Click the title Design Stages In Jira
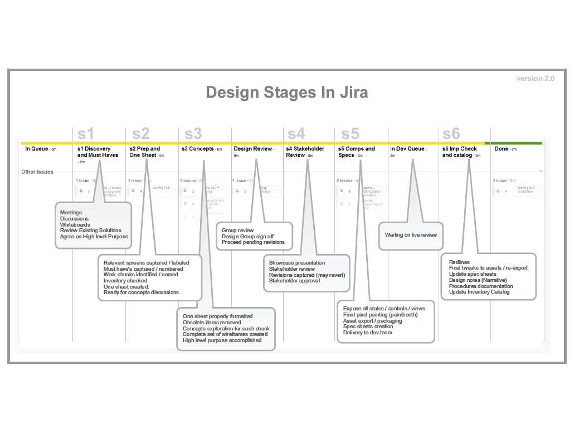pos(286,92)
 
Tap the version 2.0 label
pos(535,79)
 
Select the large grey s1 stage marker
pos(86,134)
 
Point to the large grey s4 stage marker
pos(296,134)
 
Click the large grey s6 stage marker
pos(451,134)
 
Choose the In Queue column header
pos(37,149)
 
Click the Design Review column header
pos(253,149)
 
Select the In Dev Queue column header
pos(407,149)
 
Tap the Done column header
pos(502,149)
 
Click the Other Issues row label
pos(37,172)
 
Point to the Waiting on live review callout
pos(411,235)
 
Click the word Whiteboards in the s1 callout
pos(75,225)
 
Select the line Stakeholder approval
pos(294,281)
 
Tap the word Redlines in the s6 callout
pos(459,262)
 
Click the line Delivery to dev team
pos(368,333)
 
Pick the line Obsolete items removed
pos(212,323)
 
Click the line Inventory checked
pos(125,281)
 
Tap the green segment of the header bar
pos(515,143)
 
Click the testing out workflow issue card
pos(518,191)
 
